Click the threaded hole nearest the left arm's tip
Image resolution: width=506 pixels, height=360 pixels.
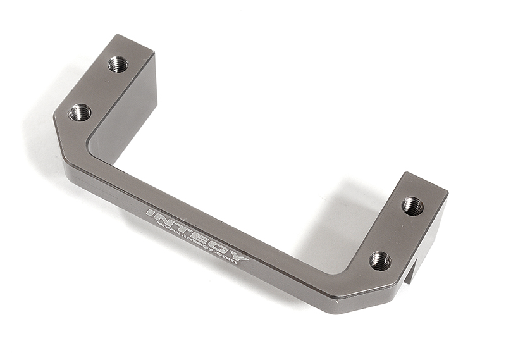[x=118, y=64]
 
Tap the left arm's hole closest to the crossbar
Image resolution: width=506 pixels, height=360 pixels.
[x=80, y=113]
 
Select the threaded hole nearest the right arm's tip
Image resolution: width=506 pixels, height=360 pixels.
[x=412, y=205]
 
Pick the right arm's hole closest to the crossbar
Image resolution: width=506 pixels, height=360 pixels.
[x=380, y=259]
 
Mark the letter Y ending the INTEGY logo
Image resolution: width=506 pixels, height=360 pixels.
[x=238, y=256]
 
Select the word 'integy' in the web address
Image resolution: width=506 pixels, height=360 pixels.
[x=196, y=245]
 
